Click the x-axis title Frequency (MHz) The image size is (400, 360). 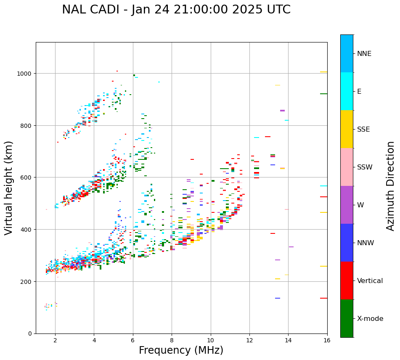(x=181, y=350)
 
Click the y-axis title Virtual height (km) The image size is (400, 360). (x=9, y=188)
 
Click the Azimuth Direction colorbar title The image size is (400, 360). (x=390, y=186)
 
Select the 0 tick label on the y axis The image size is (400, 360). (x=30, y=334)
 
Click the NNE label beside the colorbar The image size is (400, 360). (x=364, y=53)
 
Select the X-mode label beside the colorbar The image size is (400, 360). (x=370, y=319)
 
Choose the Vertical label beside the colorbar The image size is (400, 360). (x=370, y=281)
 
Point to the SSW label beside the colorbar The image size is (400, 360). (x=365, y=167)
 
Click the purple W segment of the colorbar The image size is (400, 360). (x=347, y=205)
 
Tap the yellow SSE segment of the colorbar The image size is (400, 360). (x=347, y=129)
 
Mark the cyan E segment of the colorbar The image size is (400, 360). (x=347, y=91)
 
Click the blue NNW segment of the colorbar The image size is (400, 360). (x=347, y=243)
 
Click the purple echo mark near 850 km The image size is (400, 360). (x=282, y=111)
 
